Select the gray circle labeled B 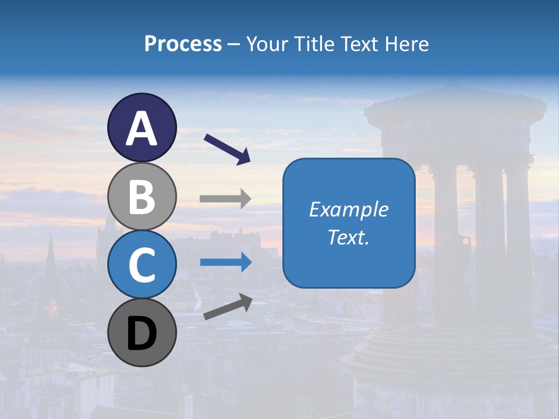tap(141, 196)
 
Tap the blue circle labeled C tap(141, 264)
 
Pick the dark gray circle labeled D tap(141, 332)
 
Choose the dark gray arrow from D tap(228, 307)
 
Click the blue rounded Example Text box tap(348, 223)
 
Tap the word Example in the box tap(348, 210)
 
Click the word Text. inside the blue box tap(348, 237)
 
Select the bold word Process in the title tap(183, 44)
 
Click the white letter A tap(141, 129)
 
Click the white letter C tap(141, 265)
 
